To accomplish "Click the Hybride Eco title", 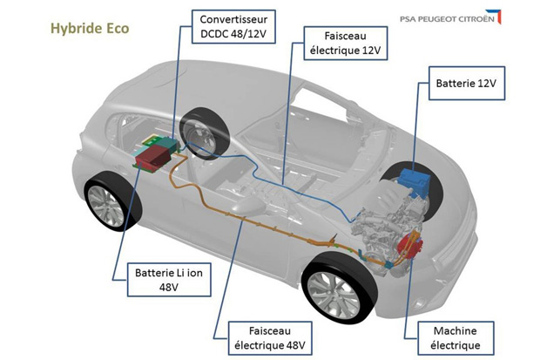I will click(x=91, y=28).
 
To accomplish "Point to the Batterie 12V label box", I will click(x=464, y=85).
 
